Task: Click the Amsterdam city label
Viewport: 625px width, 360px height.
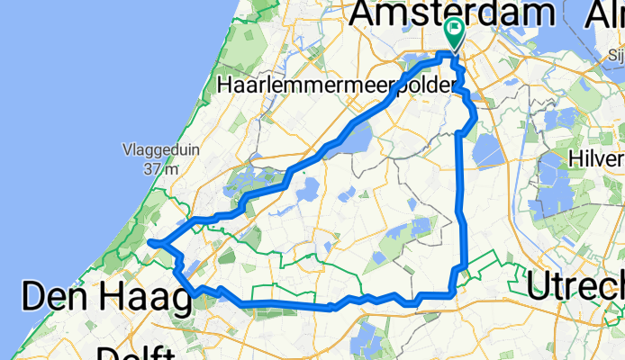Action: [x=452, y=13]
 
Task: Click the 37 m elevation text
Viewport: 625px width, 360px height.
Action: [x=160, y=168]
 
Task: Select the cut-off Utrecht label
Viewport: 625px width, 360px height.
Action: [x=576, y=286]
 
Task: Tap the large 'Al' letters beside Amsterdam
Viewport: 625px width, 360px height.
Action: [x=602, y=13]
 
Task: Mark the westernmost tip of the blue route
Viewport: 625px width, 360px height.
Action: [x=149, y=242]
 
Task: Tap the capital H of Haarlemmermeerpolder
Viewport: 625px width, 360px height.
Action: [x=225, y=85]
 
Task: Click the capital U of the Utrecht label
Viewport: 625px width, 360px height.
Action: [x=539, y=286]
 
